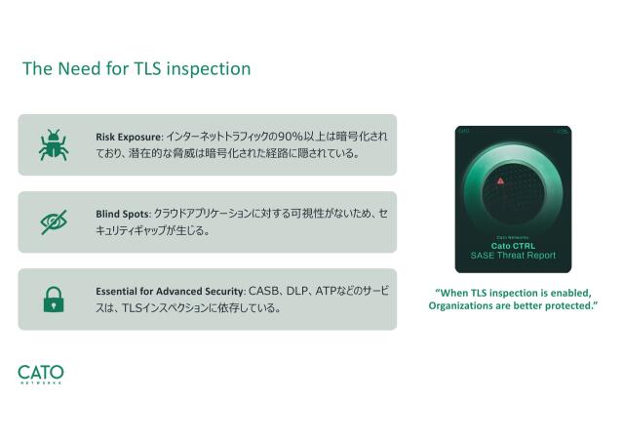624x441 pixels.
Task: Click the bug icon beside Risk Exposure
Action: (53, 144)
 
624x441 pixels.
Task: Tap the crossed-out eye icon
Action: (53, 221)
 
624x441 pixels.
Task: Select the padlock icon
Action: (53, 300)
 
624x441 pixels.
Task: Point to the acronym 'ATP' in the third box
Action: (327, 292)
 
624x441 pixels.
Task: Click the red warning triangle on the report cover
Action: (500, 181)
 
